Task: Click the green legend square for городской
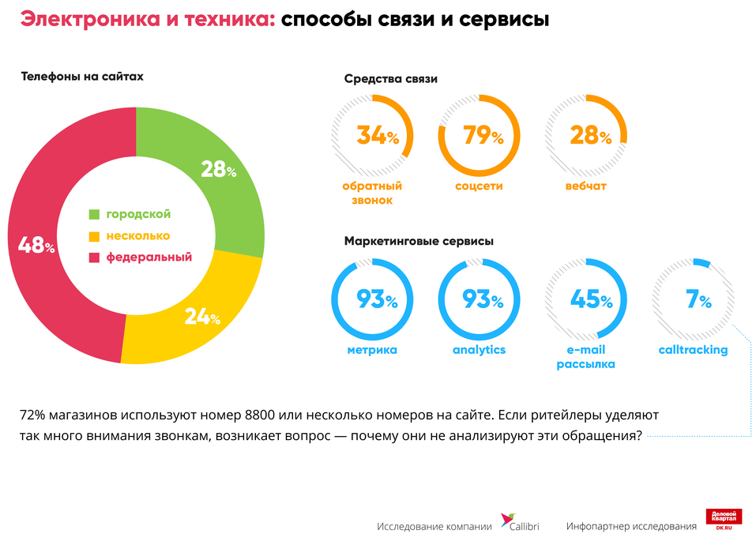pos(94,214)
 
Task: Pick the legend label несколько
pos(138,235)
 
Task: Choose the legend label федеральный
pos(149,257)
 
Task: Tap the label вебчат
pos(586,186)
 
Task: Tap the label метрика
pos(371,349)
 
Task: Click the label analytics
pos(479,349)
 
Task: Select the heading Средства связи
pos(391,78)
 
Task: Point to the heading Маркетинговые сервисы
pos(419,241)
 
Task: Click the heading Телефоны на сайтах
pos(81,77)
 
